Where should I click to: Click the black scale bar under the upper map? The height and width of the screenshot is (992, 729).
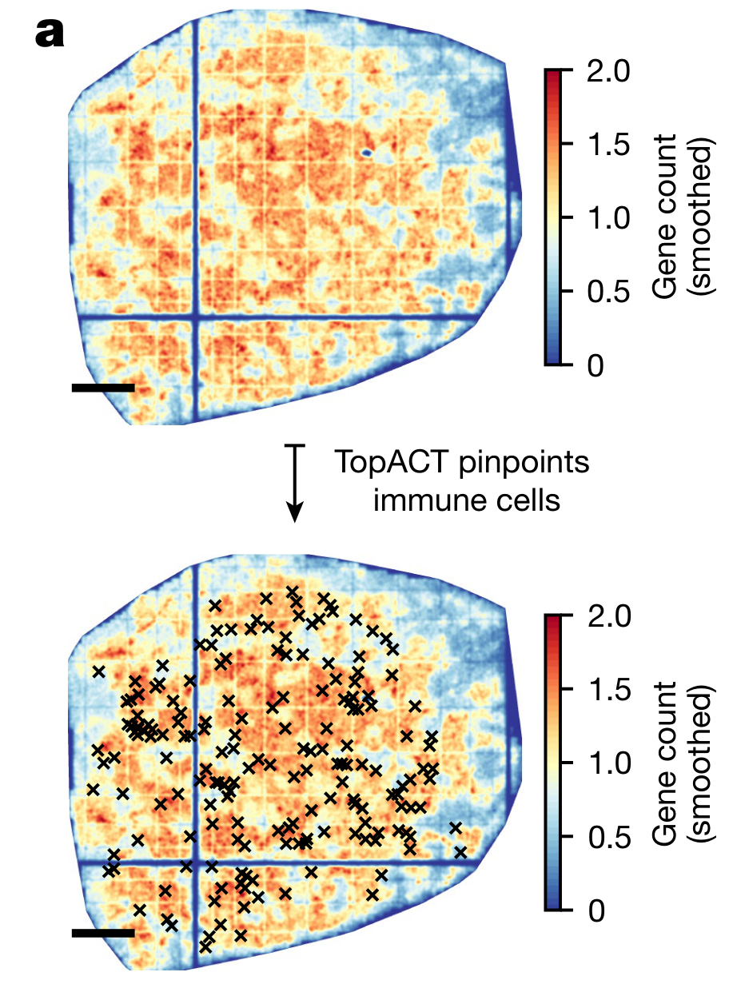click(x=103, y=388)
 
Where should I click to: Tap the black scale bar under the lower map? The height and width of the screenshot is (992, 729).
click(x=103, y=933)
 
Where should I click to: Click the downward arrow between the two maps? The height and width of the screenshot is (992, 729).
click(x=296, y=484)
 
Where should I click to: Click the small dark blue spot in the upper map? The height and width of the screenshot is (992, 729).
click(x=367, y=151)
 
